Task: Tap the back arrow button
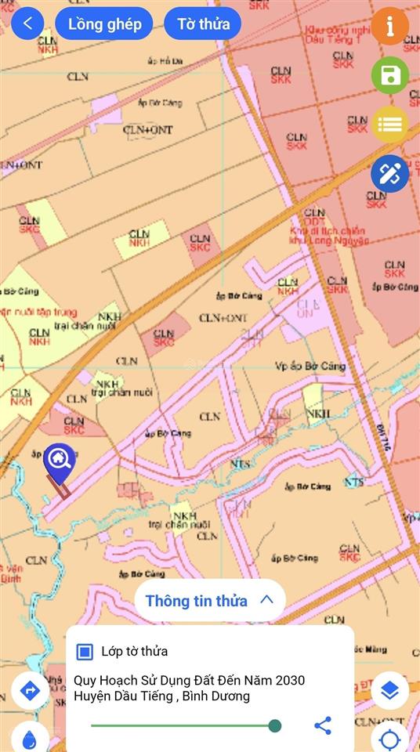pos(28,23)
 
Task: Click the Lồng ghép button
pos(105,24)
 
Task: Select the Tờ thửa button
pos(203,24)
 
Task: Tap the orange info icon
pos(390,26)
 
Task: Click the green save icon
pos(390,76)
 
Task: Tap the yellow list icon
pos(390,125)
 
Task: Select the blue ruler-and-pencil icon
pos(390,174)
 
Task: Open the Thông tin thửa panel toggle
pos(209,601)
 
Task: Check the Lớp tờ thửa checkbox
pos(85,651)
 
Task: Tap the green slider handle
pos(275,725)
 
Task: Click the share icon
pos(323,725)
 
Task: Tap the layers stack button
pos(389,690)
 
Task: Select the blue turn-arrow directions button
pos(30,690)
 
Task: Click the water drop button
pos(30,738)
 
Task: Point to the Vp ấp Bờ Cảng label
pos(310,366)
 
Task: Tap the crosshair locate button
pos(389,739)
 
